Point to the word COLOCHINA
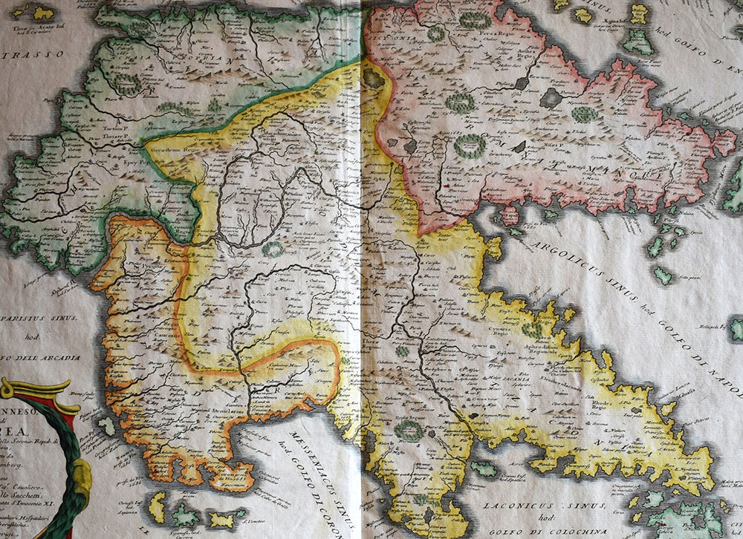580,531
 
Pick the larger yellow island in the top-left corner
43,13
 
